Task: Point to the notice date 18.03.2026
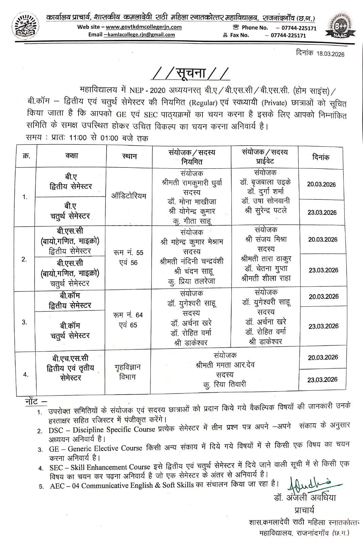330,54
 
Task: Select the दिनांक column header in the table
321,157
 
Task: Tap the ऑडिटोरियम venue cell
129,196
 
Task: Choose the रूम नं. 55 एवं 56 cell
128,258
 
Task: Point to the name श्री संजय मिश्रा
266,239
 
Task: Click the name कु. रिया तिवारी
225,384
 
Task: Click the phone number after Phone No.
296,28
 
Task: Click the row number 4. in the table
26,375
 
